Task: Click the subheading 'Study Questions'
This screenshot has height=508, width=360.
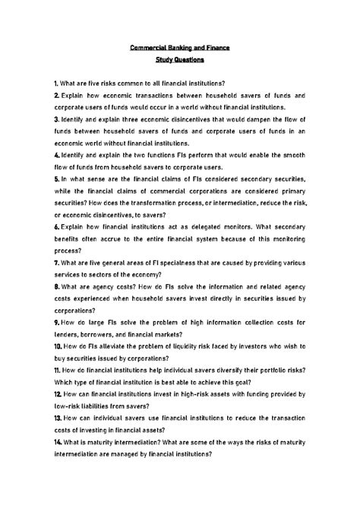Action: pyautogui.click(x=179, y=62)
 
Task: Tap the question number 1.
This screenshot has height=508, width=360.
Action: pyautogui.click(x=56, y=82)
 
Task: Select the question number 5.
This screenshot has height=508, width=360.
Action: pyautogui.click(x=56, y=178)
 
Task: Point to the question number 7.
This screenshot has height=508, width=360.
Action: pyautogui.click(x=56, y=263)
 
